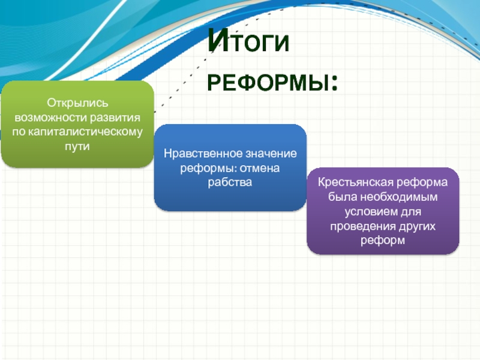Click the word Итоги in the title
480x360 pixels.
(248, 41)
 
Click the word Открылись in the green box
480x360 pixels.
(77, 103)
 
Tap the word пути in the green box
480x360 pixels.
(77, 146)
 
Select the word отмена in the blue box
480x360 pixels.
(260, 168)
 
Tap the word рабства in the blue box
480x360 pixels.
(230, 182)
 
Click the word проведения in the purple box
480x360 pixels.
(363, 227)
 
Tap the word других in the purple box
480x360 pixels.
(417, 227)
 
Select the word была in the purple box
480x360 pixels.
(342, 197)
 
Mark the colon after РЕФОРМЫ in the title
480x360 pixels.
(334, 84)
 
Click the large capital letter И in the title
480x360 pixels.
(218, 41)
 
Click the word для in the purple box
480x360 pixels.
(410, 212)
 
